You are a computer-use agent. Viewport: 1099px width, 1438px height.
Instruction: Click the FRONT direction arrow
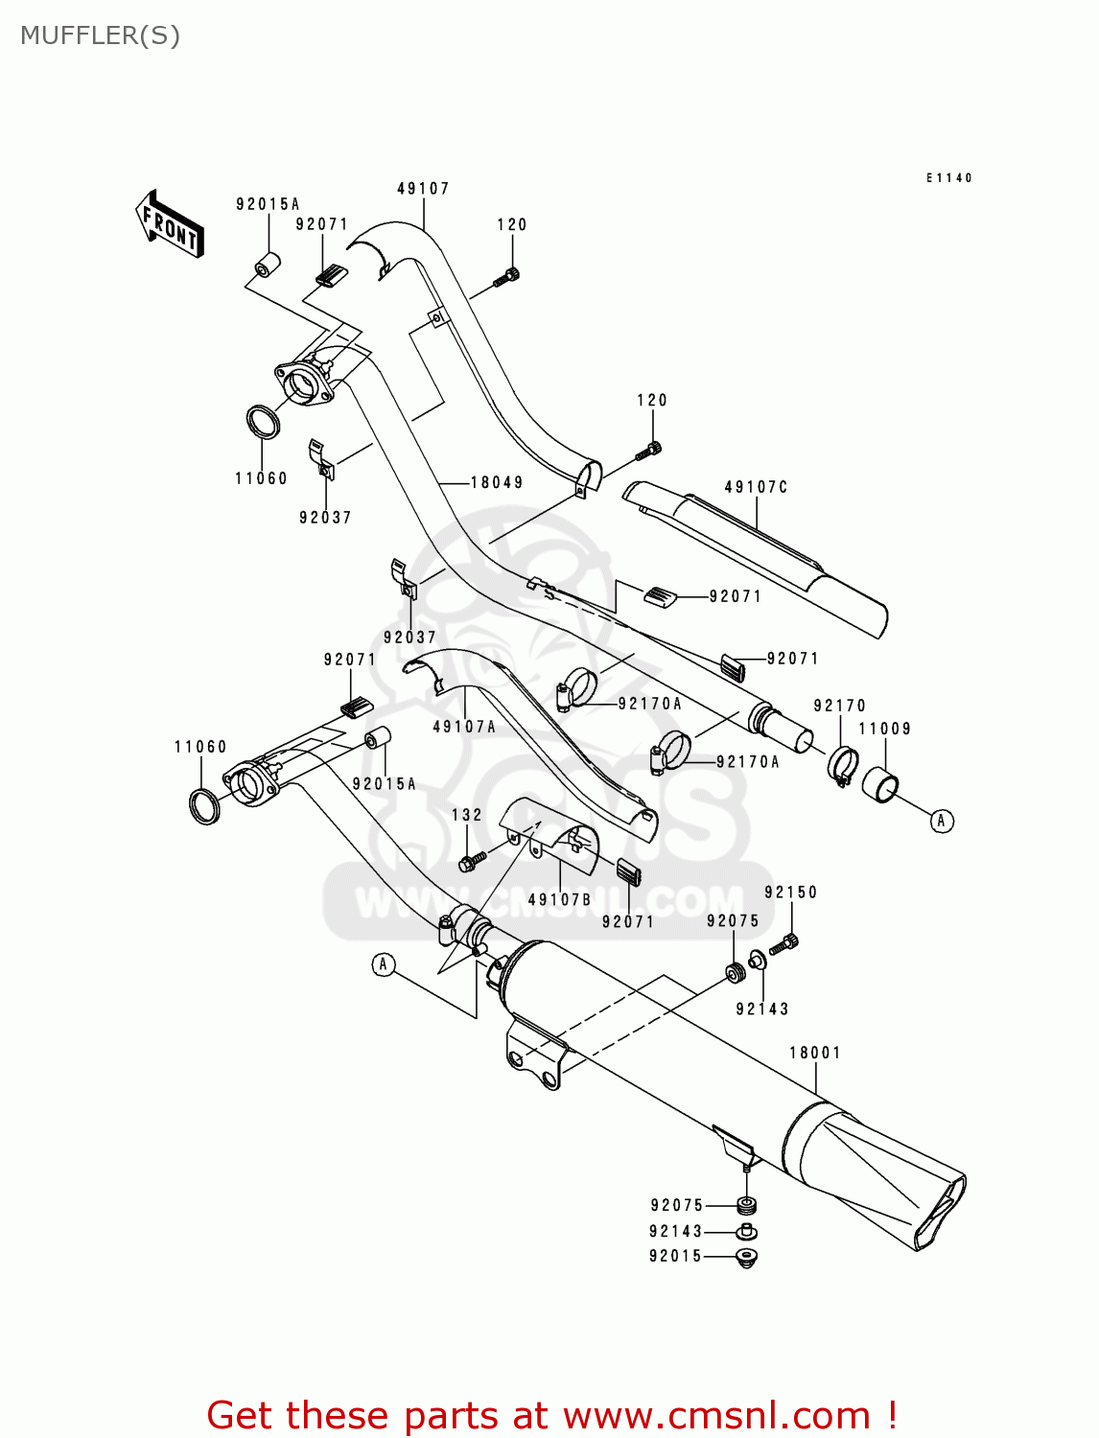[170, 223]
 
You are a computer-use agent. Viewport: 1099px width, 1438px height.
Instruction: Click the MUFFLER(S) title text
[100, 35]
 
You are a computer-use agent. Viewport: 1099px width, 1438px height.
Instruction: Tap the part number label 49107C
[756, 487]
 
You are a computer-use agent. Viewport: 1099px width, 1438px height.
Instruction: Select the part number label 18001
[815, 1053]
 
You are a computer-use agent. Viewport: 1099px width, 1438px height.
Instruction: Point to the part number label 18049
[497, 482]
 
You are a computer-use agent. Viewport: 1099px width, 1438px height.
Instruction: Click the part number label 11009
[884, 729]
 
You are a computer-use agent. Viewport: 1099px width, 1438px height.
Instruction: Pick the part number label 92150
[791, 893]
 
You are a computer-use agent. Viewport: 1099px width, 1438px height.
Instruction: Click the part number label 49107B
[560, 899]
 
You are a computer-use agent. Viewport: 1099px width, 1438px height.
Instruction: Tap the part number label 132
[467, 815]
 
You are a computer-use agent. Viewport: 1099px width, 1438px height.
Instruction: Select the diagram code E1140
[948, 177]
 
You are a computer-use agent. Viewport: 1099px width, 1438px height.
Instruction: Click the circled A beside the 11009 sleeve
[942, 821]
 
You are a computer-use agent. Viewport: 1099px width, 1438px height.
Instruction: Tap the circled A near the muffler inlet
[384, 964]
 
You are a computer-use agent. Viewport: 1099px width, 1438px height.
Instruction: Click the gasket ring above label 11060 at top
[263, 422]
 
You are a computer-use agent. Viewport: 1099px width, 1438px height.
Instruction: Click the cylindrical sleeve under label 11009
[880, 784]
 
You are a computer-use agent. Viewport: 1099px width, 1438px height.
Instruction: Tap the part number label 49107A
[464, 727]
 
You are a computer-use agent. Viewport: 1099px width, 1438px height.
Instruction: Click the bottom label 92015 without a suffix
[676, 1256]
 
